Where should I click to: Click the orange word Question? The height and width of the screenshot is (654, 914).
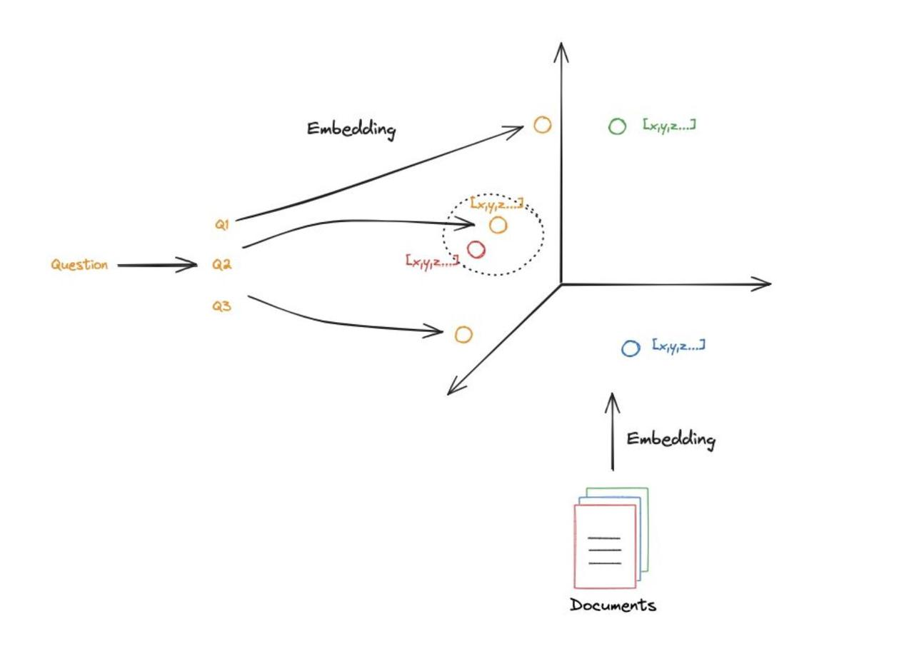coord(79,265)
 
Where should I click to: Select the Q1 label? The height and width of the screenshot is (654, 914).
coord(222,224)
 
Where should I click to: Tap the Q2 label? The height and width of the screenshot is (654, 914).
coord(222,265)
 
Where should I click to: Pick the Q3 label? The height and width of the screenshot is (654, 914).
coord(222,306)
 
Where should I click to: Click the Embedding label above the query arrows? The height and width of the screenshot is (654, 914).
coord(351,129)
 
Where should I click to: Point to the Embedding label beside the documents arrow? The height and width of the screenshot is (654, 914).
coord(671,439)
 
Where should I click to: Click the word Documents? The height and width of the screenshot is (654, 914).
coord(613,605)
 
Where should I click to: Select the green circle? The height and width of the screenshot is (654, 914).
coord(617,126)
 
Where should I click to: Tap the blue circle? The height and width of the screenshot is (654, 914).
coord(631,348)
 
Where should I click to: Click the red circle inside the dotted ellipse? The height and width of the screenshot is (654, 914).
coord(476,249)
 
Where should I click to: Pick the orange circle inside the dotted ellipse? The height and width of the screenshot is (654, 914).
coord(498,226)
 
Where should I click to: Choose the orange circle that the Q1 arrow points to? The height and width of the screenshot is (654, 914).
coord(543,125)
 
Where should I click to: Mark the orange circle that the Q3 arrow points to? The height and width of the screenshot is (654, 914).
coord(463,334)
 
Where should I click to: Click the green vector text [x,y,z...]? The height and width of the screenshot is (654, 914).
coord(669,125)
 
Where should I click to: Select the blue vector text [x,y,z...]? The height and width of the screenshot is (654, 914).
coord(678,346)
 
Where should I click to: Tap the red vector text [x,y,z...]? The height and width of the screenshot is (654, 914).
coord(432,261)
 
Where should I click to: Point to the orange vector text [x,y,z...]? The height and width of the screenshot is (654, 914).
coord(497,204)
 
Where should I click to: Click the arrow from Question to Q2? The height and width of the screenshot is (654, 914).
coord(157,266)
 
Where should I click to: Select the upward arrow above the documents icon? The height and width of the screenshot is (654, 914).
coord(612,432)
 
